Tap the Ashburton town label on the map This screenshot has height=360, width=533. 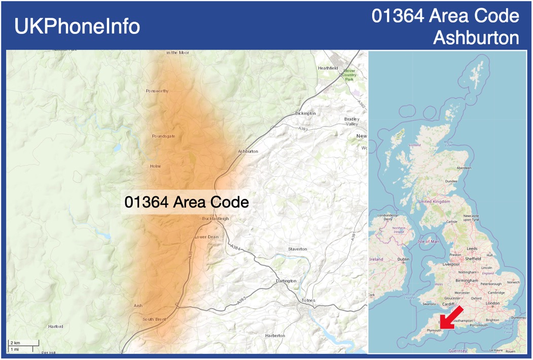point(248,152)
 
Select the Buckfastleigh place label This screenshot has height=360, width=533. point(216,219)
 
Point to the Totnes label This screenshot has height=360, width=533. point(308,300)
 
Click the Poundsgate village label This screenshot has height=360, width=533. point(163,136)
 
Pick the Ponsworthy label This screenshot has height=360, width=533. point(157,91)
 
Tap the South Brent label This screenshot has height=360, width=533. point(154,319)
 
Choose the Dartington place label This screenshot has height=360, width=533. point(286,281)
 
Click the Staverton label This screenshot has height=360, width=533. point(298,249)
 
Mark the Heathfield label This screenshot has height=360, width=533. point(328,68)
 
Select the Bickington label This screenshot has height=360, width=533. point(305,114)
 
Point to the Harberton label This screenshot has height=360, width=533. point(275,336)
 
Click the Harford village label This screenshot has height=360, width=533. point(56,327)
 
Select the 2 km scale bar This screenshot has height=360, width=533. point(23,343)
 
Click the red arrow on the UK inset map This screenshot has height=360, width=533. point(450,317)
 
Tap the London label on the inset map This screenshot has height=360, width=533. point(492,303)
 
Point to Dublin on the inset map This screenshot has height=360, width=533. point(403,260)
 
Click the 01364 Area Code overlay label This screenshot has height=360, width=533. point(187,202)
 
